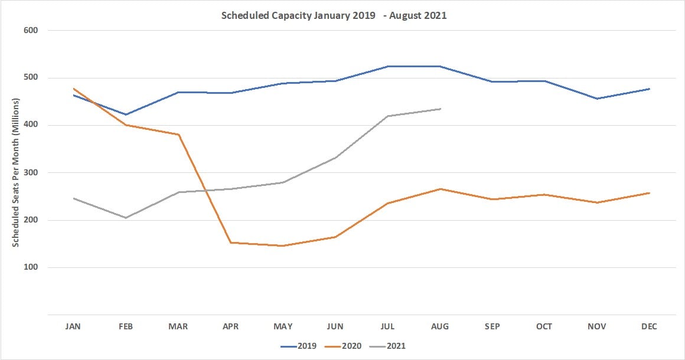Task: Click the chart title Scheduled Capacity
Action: point(334,16)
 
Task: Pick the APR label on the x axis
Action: point(230,326)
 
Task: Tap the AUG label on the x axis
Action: point(440,326)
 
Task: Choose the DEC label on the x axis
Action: point(648,326)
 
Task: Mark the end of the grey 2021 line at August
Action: point(440,109)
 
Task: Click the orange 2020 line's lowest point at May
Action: point(283,246)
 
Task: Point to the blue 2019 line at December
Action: point(649,89)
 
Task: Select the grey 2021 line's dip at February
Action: point(126,218)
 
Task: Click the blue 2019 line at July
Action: point(387,66)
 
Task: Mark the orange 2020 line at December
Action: point(649,193)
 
